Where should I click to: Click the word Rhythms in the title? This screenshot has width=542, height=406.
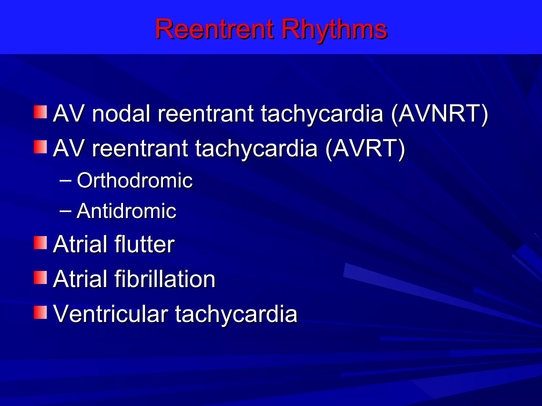(334, 30)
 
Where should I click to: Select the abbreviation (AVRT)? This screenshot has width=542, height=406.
(365, 149)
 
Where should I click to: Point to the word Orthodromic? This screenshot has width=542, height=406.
(134, 181)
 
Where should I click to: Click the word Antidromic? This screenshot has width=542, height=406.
(126, 211)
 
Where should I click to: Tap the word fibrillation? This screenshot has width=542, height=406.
(165, 279)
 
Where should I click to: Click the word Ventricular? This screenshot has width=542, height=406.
(111, 314)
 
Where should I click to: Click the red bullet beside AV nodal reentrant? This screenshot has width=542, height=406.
(40, 112)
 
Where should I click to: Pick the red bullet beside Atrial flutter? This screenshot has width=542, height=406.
(40, 243)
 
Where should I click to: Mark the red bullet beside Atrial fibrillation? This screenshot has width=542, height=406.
(40, 278)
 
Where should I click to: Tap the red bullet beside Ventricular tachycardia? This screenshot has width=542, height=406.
(40, 312)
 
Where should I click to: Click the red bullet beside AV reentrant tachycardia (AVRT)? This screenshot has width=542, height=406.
(40, 147)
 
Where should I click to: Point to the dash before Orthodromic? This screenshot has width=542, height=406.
(65, 181)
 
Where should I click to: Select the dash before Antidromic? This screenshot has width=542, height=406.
(65, 211)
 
